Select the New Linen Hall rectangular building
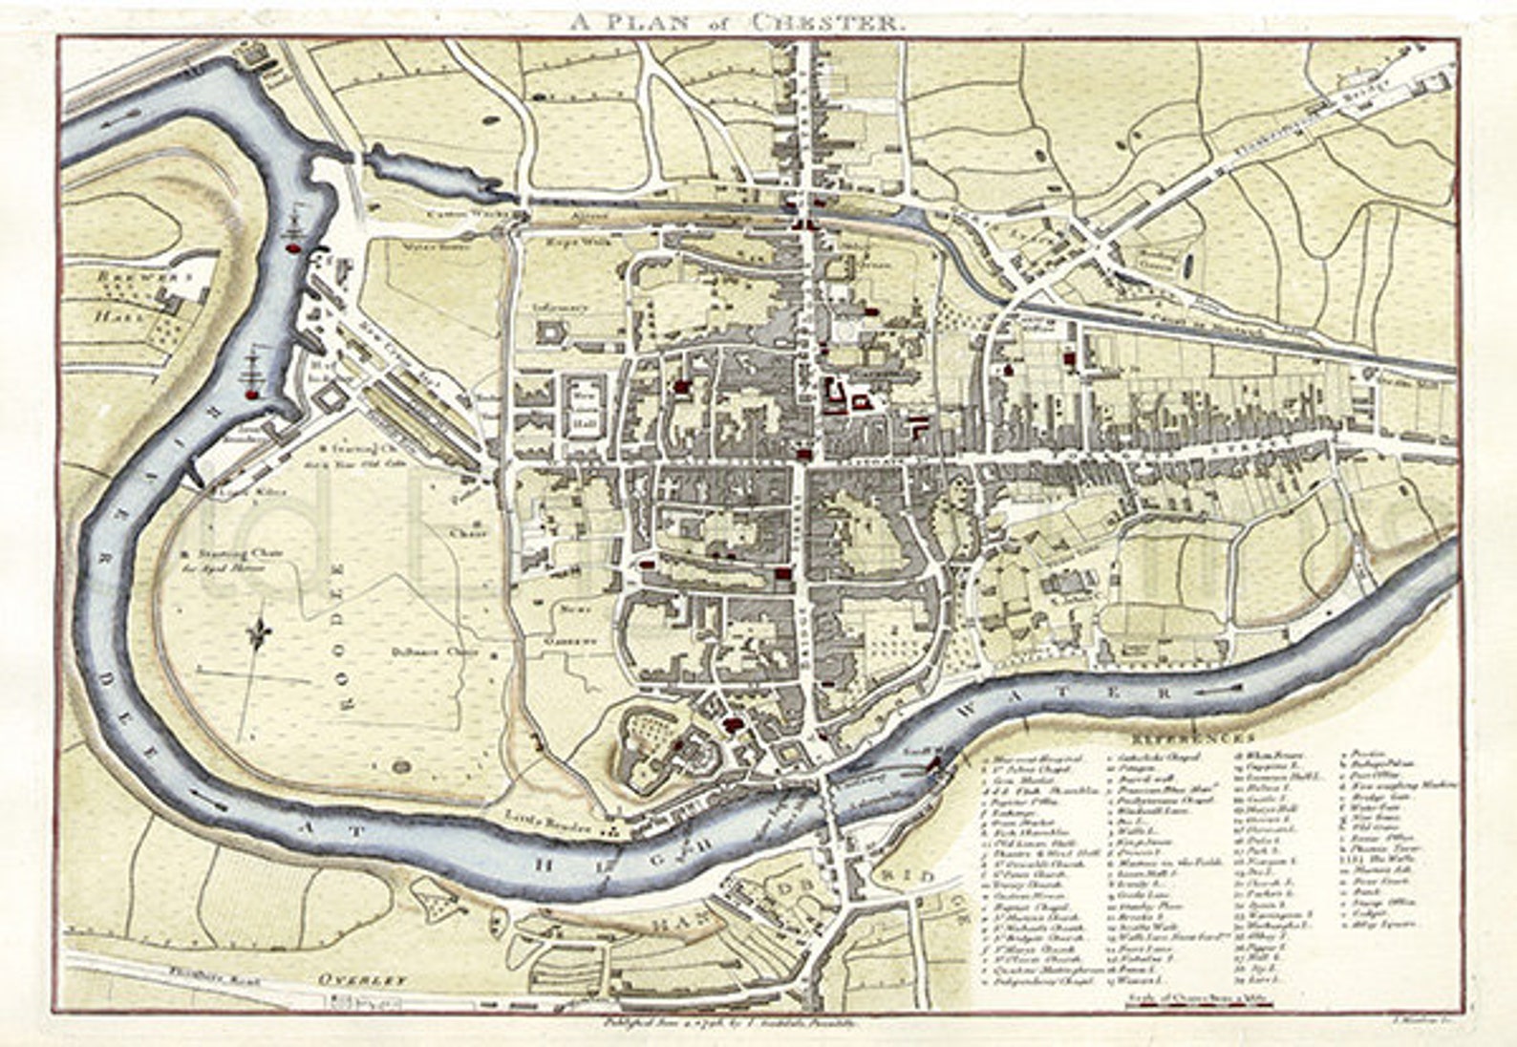pyautogui.click(x=582, y=408)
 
